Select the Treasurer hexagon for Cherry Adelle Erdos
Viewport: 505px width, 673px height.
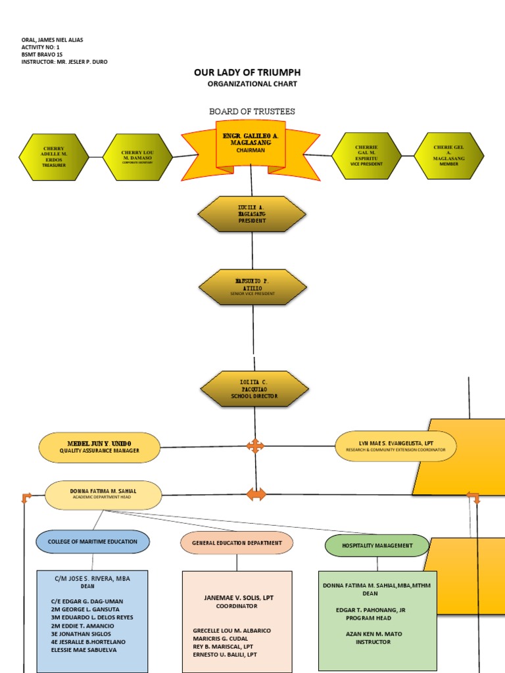[x=54, y=156]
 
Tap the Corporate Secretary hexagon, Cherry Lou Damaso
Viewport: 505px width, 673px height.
[x=137, y=156]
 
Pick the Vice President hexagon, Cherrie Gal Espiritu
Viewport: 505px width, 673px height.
[x=366, y=156]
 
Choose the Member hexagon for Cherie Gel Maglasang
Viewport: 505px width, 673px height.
[x=448, y=156]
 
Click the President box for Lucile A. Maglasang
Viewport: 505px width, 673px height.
[x=252, y=214]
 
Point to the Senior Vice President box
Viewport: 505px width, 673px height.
[x=252, y=287]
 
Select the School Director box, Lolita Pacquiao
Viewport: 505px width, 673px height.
[x=254, y=389]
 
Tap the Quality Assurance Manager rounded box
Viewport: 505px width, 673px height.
[x=99, y=448]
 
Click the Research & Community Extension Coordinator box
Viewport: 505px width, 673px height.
[x=395, y=446]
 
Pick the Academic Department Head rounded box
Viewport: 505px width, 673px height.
[x=103, y=495]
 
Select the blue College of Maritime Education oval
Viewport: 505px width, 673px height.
[x=93, y=542]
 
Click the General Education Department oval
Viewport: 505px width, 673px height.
[x=237, y=543]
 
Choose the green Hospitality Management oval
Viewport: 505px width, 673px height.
[x=377, y=545]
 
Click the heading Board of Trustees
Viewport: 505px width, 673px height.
[x=252, y=112]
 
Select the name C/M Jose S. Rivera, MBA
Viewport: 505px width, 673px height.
[x=93, y=578]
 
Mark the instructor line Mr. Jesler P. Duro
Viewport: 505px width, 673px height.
[x=64, y=62]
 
